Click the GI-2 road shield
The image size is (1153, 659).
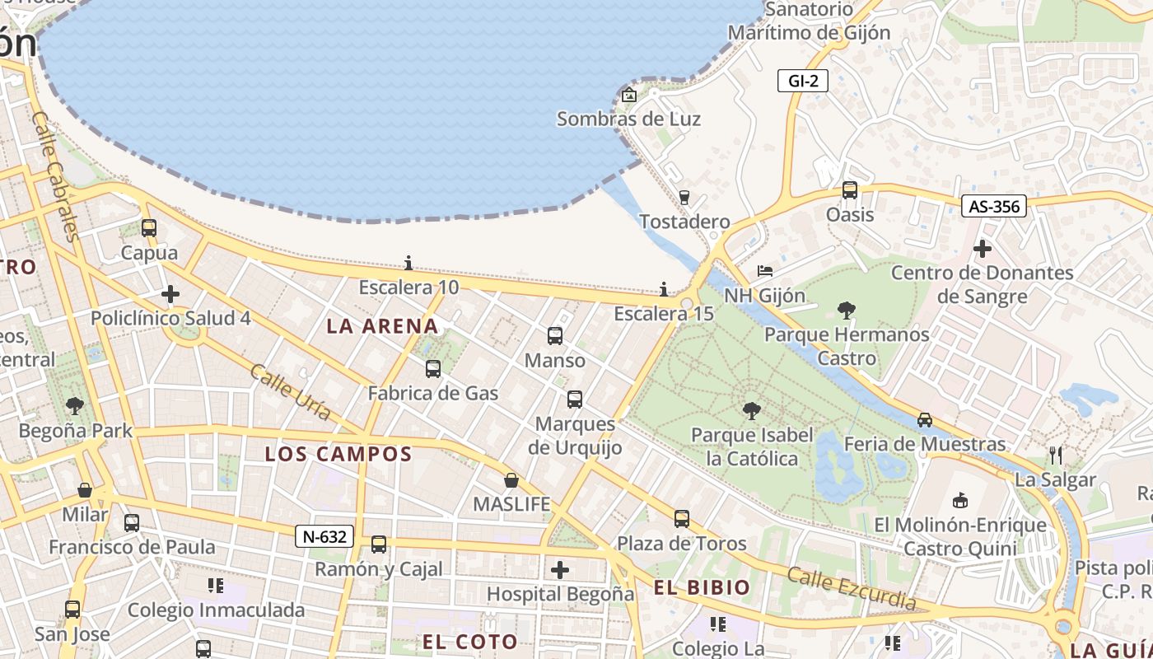click(802, 81)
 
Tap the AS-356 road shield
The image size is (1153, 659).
click(994, 206)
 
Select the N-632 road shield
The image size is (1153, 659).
click(324, 537)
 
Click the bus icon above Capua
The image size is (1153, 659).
click(149, 228)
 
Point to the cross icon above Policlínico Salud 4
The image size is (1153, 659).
click(170, 294)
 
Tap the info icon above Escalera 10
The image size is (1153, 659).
click(408, 263)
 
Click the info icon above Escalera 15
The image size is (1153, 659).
click(664, 289)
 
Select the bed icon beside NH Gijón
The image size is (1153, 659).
click(765, 271)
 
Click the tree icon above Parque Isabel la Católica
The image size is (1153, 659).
click(751, 410)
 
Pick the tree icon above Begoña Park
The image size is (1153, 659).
click(75, 405)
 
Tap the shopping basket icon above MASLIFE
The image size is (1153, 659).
click(511, 479)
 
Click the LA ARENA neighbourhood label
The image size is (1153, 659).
click(382, 325)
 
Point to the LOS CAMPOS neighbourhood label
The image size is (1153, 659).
click(338, 454)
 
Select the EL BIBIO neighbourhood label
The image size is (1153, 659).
click(703, 587)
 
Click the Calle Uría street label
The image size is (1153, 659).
click(290, 392)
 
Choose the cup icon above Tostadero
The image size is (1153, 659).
click(684, 197)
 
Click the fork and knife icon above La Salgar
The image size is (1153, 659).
click(1056, 455)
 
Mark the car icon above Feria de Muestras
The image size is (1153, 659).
click(925, 420)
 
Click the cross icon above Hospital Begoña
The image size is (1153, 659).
click(560, 569)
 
